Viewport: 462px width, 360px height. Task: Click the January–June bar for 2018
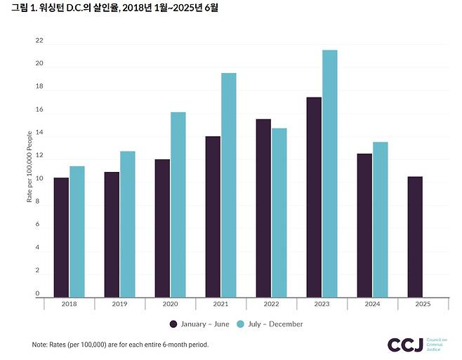61,237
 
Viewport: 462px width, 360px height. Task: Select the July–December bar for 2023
329,173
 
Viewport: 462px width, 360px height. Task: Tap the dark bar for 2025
415,236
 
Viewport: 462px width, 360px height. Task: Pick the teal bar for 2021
228,185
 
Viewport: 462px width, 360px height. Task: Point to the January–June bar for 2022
263,208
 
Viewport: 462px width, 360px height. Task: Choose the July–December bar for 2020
178,204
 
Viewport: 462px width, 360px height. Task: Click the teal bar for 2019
127,224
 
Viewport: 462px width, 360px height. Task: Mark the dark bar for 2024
364,225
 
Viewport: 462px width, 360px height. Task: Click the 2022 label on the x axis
271,304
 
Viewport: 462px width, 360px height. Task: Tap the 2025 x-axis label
423,304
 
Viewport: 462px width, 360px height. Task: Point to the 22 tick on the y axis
39,41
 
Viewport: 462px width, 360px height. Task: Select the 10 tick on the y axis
39,179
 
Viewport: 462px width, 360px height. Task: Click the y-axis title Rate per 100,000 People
29,166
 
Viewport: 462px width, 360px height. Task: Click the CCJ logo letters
405,345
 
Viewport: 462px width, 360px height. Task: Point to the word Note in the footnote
39,345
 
